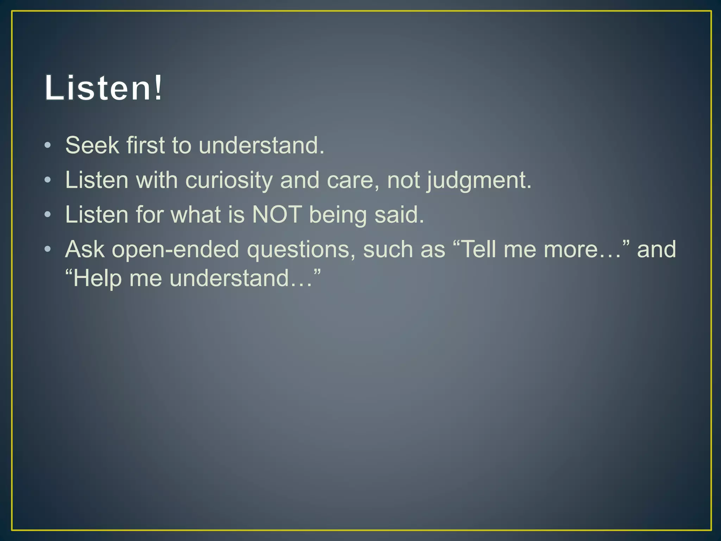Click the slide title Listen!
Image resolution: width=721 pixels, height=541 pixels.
pyautogui.click(x=104, y=88)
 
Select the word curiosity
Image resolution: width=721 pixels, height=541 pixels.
pyautogui.click(x=229, y=180)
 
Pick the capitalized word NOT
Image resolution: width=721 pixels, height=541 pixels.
pyautogui.click(x=277, y=214)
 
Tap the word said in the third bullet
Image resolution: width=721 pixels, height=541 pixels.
pyautogui.click(x=399, y=214)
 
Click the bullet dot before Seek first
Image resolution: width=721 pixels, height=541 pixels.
pyautogui.click(x=48, y=145)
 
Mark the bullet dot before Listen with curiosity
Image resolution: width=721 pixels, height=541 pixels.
pyautogui.click(x=48, y=180)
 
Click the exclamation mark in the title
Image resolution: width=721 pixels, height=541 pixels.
pyautogui.click(x=159, y=88)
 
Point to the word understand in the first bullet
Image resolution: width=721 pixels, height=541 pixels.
pyautogui.click(x=261, y=145)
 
